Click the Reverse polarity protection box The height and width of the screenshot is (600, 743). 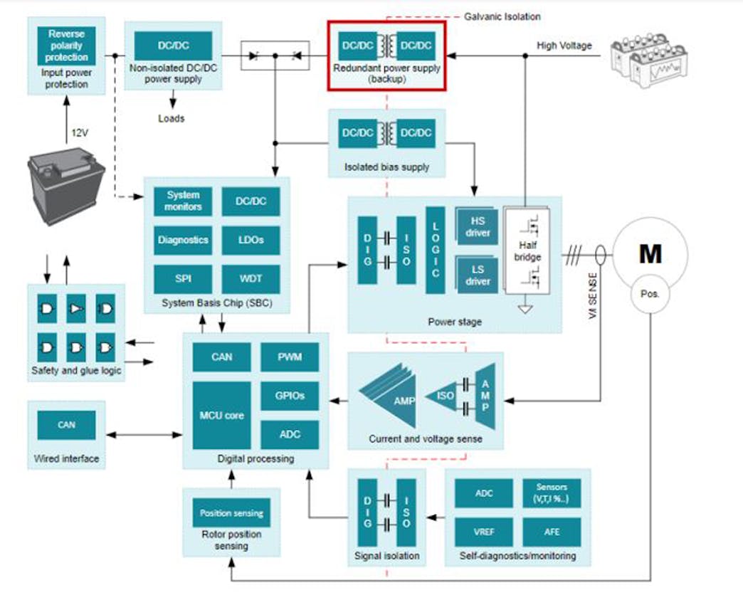[66, 46]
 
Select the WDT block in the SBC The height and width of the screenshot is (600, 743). [251, 278]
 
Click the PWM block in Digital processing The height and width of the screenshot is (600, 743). [290, 357]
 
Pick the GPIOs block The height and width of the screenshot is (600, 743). [290, 395]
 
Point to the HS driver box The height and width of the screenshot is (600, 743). [478, 227]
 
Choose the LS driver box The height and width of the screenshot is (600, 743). [478, 275]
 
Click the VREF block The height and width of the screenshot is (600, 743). [484, 531]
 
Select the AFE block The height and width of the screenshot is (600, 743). [552, 531]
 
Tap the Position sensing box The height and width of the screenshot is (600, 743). [231, 512]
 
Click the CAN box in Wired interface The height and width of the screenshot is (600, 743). [66, 425]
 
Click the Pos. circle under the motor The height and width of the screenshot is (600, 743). [650, 293]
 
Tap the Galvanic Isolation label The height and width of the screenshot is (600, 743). [502, 16]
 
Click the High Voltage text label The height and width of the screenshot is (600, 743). [564, 46]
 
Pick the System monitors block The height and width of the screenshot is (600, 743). [183, 201]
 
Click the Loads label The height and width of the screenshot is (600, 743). [171, 118]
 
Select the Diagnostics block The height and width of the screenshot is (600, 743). [183, 240]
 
